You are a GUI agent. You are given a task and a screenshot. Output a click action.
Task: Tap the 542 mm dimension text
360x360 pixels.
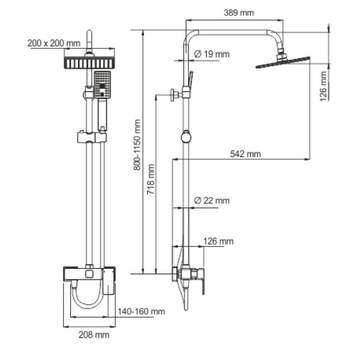[245, 154]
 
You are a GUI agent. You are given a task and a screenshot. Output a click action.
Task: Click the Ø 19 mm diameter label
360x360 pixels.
[211, 55]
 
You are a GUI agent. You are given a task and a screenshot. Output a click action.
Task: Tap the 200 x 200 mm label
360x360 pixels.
[53, 43]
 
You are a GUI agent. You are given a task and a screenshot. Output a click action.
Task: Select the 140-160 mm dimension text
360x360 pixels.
[141, 311]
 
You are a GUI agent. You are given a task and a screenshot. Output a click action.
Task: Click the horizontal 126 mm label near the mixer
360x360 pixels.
[218, 241]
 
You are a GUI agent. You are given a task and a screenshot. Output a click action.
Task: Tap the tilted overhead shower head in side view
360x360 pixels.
[282, 62]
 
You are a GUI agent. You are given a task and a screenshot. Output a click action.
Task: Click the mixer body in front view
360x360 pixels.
[88, 275]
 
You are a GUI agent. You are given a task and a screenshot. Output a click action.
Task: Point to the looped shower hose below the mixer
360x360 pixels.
[85, 298]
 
